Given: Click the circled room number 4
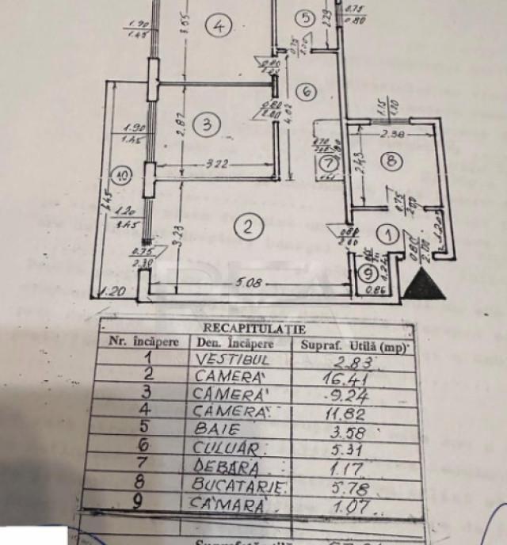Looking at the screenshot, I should tap(218, 27).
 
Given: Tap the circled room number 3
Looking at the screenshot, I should tap(206, 124).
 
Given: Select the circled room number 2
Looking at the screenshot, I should tap(249, 227).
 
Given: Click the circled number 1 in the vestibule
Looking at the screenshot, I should tap(388, 234).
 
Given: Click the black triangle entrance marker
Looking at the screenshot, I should tap(425, 284).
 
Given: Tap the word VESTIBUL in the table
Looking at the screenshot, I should tap(228, 359).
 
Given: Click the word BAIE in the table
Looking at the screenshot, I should tap(219, 431).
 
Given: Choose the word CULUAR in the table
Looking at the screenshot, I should tap(231, 449).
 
